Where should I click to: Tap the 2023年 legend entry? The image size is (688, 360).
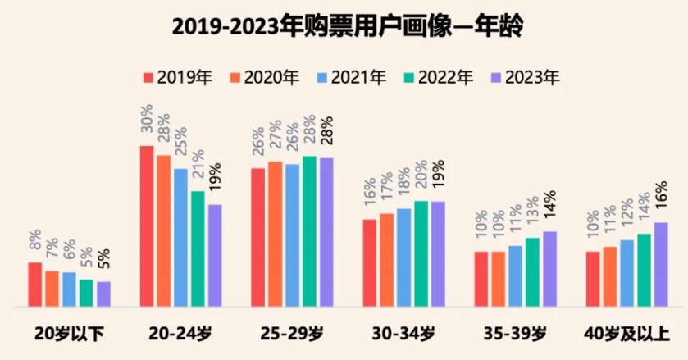click(525, 78)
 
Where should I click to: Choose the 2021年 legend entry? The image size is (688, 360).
click(351, 78)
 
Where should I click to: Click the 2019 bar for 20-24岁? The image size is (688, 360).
click(147, 226)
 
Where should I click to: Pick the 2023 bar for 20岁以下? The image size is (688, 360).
click(103, 294)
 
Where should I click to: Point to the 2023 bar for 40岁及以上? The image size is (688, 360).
click(661, 264)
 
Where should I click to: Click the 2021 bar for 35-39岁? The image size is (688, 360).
click(515, 276)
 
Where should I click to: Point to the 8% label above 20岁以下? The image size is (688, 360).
click(35, 243)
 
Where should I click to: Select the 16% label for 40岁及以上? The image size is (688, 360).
click(661, 201)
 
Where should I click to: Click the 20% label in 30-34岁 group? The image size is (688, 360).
click(421, 180)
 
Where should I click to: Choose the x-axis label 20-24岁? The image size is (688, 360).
click(180, 334)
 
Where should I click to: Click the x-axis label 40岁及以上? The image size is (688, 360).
click(627, 334)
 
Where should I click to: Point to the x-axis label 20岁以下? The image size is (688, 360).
click(69, 334)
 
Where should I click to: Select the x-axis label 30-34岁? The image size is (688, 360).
click(403, 334)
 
